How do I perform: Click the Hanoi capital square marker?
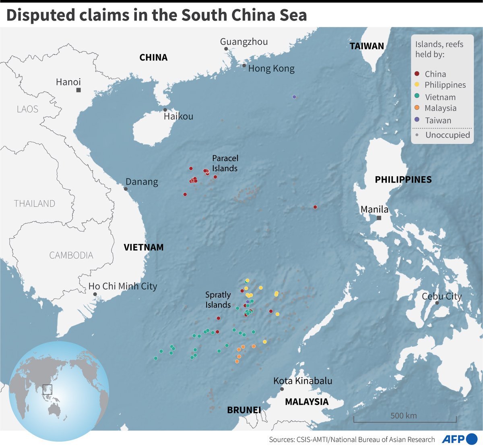click(x=78, y=90)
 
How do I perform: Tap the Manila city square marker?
click(x=379, y=218)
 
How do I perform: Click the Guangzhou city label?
click(x=244, y=42)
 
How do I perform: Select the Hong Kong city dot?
click(x=244, y=65)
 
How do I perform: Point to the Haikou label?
click(x=178, y=116)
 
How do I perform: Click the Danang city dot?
click(x=126, y=189)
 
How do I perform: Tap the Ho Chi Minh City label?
click(x=123, y=286)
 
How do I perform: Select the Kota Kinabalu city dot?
click(x=282, y=389)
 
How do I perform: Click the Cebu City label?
click(x=442, y=296)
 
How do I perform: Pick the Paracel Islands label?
click(x=225, y=163)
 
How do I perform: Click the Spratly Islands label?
click(x=218, y=300)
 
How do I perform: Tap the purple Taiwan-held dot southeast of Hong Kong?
click(x=294, y=97)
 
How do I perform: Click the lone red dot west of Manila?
click(x=315, y=207)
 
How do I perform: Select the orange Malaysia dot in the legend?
click(x=417, y=108)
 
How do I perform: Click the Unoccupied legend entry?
click(x=443, y=135)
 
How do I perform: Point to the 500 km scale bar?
click(x=405, y=420)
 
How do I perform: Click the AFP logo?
click(x=459, y=439)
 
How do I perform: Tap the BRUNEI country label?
click(x=244, y=410)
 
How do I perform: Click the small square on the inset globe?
click(x=47, y=389)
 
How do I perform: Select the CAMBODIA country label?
click(x=71, y=255)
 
